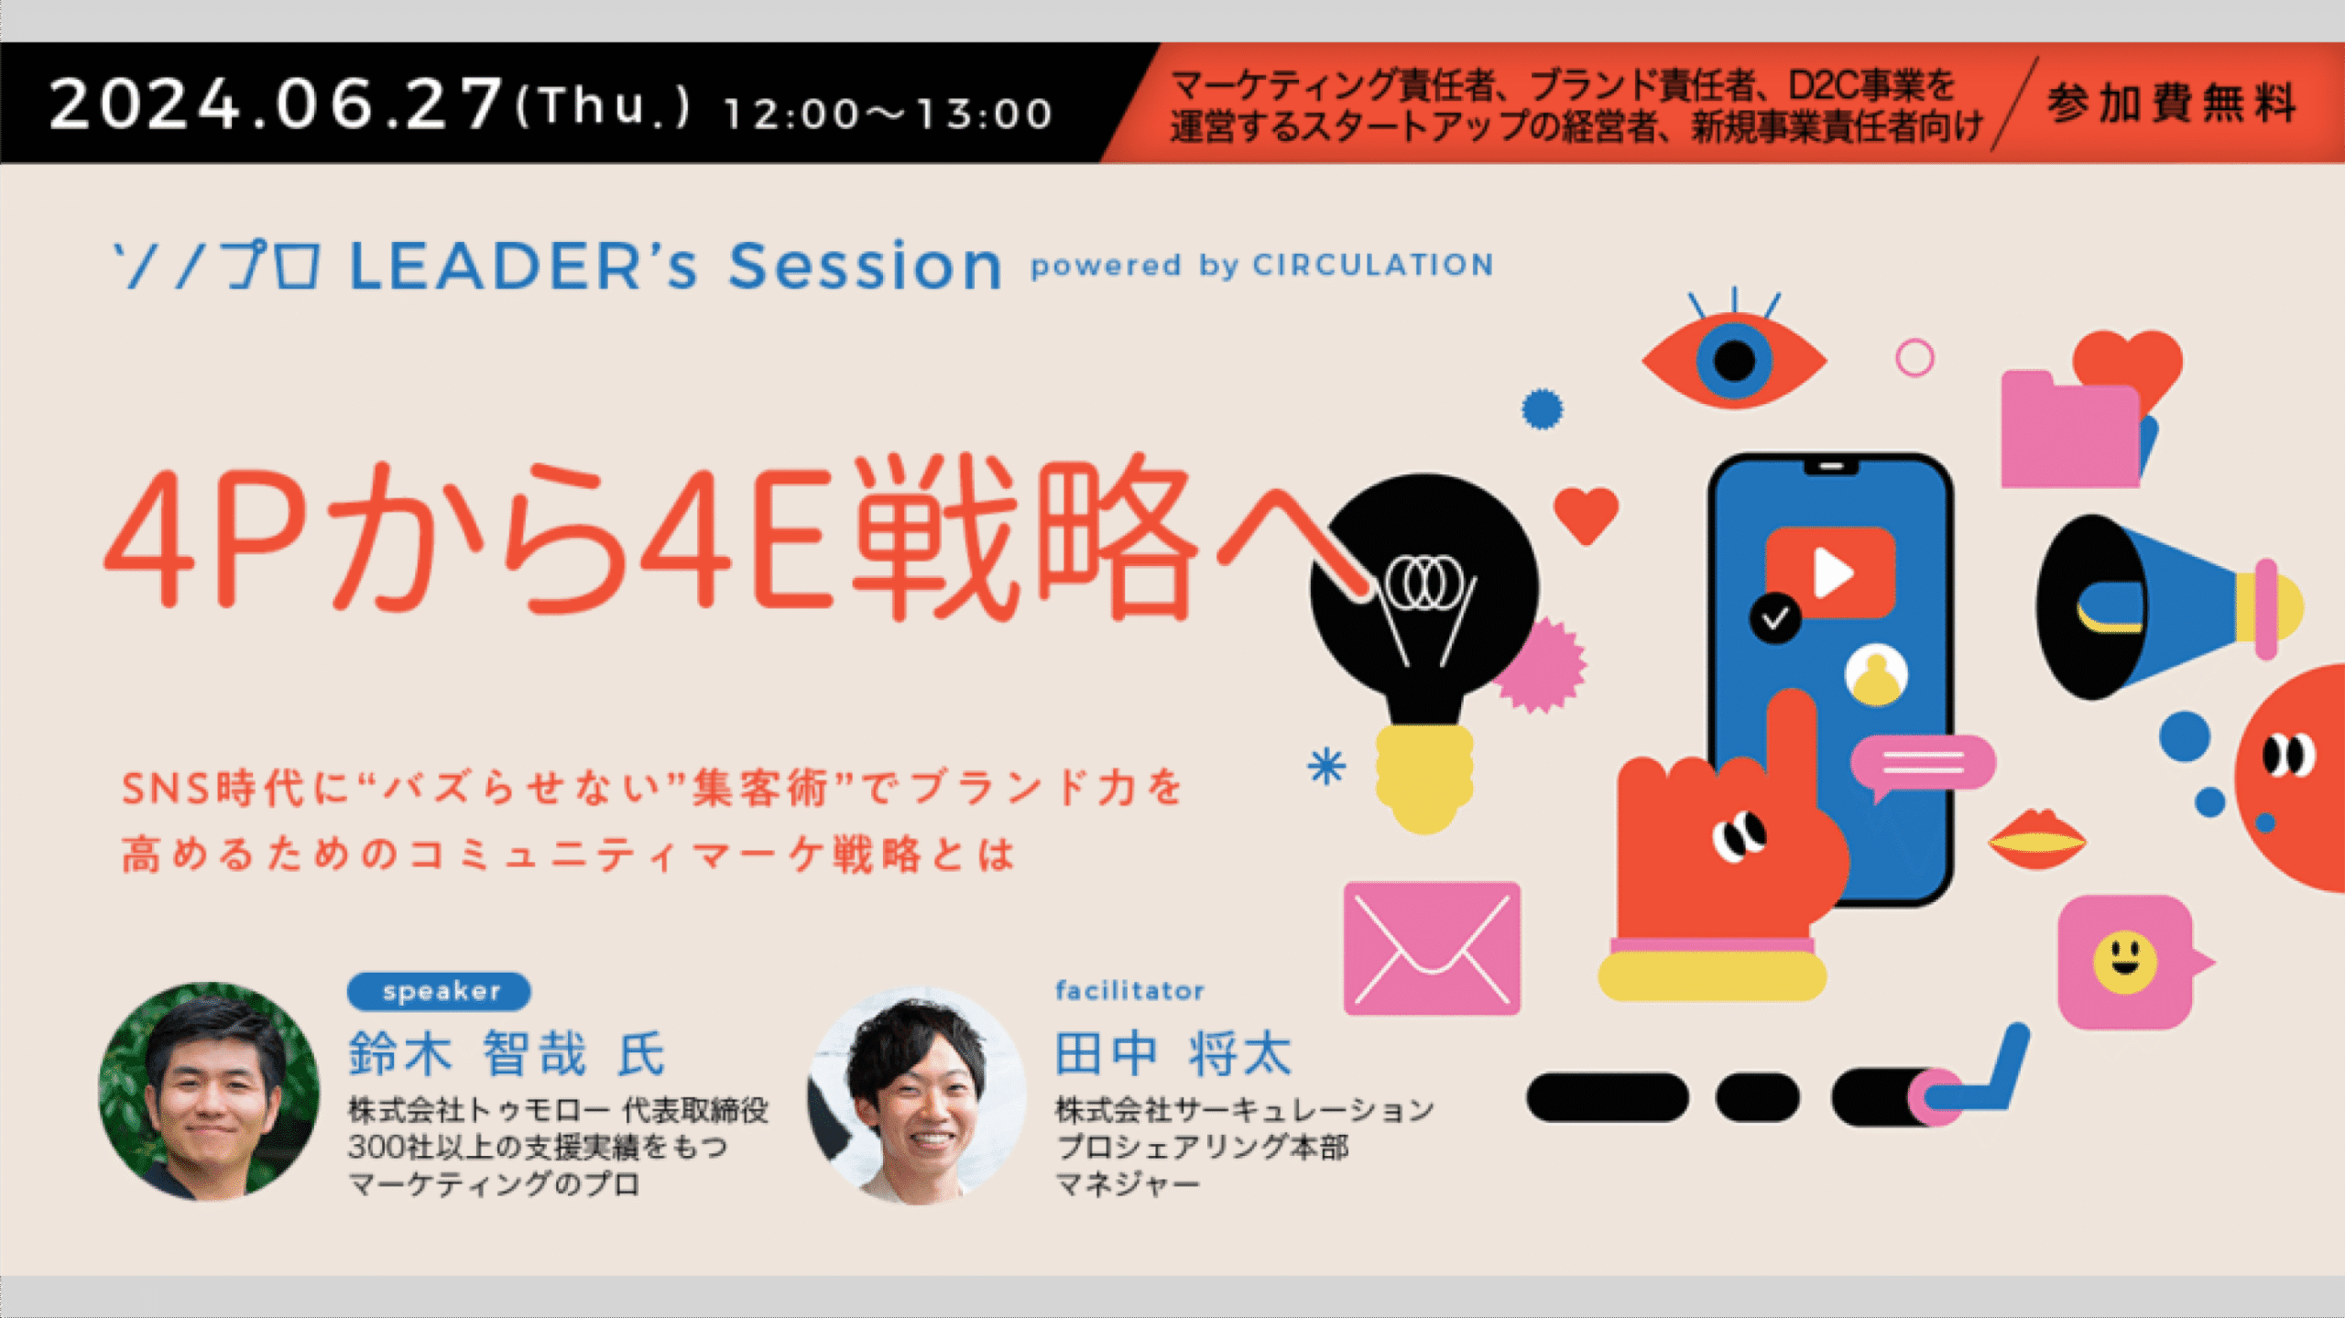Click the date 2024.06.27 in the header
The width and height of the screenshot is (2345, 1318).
[276, 103]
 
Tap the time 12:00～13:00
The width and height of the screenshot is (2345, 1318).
[888, 114]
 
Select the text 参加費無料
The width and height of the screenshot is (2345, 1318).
[2171, 102]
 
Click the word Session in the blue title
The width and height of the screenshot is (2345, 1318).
[865, 266]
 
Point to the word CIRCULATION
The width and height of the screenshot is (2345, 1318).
[1373, 265]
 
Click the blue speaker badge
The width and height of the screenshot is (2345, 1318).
[439, 991]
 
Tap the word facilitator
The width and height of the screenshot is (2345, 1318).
[1129, 990]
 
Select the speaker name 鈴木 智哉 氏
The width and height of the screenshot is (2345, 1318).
[507, 1053]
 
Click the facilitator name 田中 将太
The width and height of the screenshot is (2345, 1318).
[1172, 1053]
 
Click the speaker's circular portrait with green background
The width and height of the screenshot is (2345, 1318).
[210, 1091]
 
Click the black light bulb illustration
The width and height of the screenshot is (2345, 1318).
[1424, 641]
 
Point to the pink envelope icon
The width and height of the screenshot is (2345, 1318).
[1432, 948]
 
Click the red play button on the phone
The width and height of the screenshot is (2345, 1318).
[1829, 573]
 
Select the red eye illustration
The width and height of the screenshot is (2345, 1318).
[1734, 353]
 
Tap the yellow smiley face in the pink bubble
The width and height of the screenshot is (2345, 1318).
[2124, 963]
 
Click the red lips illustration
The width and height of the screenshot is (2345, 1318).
[2036, 839]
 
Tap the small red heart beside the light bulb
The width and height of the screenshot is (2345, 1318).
[1586, 515]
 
